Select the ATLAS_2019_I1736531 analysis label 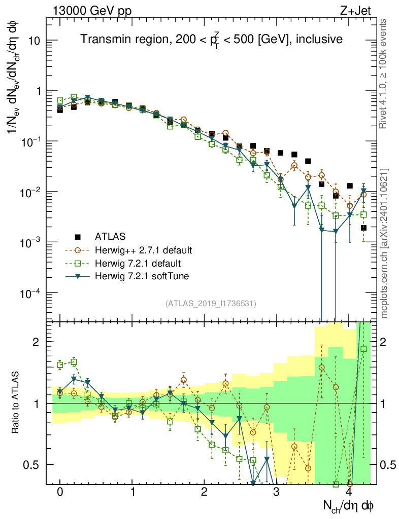(211, 304)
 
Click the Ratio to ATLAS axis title (17, 403)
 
